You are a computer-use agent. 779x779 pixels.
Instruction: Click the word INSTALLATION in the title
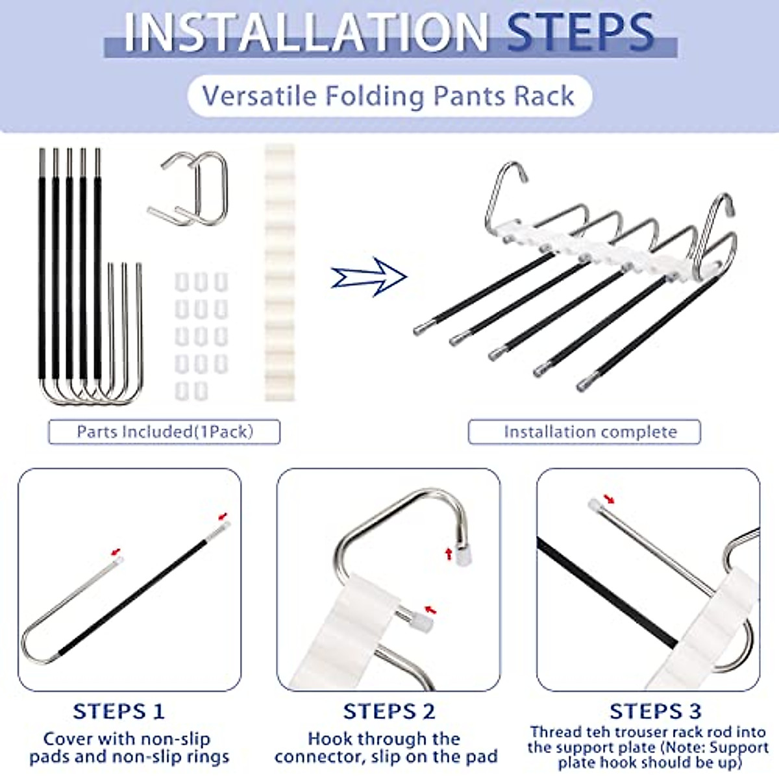point(305,32)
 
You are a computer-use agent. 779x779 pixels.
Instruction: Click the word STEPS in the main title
point(580,32)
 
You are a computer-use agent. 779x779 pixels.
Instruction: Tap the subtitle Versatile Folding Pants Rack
point(388,96)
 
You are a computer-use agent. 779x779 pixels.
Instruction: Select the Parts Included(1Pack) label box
point(164,432)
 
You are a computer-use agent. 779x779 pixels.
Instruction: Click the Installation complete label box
point(584,432)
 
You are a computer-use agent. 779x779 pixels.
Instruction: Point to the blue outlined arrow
point(369,277)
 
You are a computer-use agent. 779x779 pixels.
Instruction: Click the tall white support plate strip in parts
point(280,273)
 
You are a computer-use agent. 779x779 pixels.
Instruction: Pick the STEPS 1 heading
point(119,711)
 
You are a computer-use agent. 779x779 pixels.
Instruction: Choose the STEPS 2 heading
point(389,711)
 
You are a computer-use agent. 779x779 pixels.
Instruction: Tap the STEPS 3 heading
point(656,711)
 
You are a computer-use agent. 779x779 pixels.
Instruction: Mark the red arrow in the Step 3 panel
point(609,499)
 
